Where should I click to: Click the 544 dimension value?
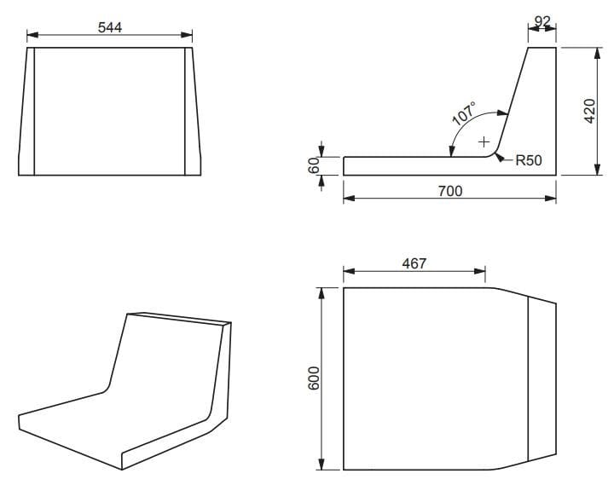point(109,26)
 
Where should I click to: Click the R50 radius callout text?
point(530,159)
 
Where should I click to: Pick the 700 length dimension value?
point(449,191)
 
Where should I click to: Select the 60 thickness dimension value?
point(313,165)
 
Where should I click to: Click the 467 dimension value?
point(414,263)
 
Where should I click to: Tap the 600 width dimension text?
point(313,378)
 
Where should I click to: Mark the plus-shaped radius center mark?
point(484,141)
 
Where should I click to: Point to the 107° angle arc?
point(467,125)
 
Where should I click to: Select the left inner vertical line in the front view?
point(35,111)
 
